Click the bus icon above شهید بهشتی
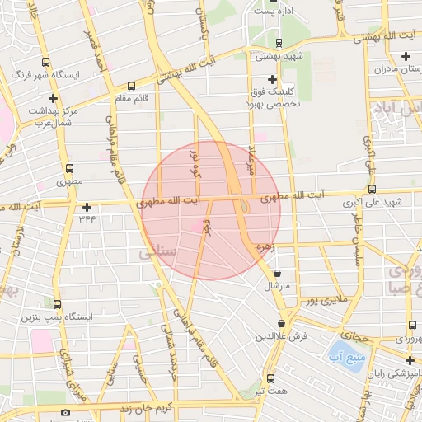coord(278,43)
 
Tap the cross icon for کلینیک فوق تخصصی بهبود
coord(273,78)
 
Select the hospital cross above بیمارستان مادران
coord(405,56)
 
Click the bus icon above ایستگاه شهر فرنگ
coord(45,61)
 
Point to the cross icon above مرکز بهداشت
coord(53,98)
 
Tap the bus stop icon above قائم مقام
coord(131,85)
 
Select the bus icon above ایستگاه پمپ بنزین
coord(57,304)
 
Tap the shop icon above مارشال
coord(276,273)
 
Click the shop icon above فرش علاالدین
coord(283,324)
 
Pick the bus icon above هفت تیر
coord(270,377)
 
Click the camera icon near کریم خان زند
coord(66,412)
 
